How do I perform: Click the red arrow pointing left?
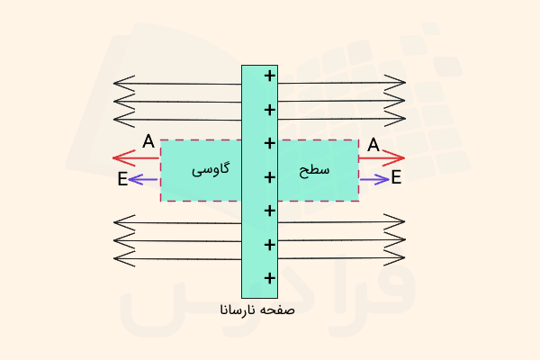(x=136, y=158)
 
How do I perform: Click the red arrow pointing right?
(x=382, y=158)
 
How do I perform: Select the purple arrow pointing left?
(x=142, y=179)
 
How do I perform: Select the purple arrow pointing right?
(x=374, y=179)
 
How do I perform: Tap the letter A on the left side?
(x=148, y=141)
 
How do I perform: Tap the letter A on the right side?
(x=373, y=145)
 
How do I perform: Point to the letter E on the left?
(x=122, y=179)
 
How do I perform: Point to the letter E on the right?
(x=396, y=177)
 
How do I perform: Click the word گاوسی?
(x=211, y=169)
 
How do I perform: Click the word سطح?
(x=314, y=170)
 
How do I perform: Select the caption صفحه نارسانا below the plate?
(x=257, y=310)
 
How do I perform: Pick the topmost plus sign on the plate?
(x=270, y=76)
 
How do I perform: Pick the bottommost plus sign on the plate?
(x=270, y=278)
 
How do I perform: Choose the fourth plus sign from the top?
(x=270, y=177)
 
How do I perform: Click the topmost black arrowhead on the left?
(x=124, y=84)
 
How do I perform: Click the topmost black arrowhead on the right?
(x=395, y=82)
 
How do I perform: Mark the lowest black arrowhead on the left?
(x=124, y=258)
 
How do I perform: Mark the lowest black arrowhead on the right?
(x=394, y=257)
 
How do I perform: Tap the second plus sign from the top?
(x=270, y=110)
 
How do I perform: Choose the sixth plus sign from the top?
(x=270, y=245)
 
